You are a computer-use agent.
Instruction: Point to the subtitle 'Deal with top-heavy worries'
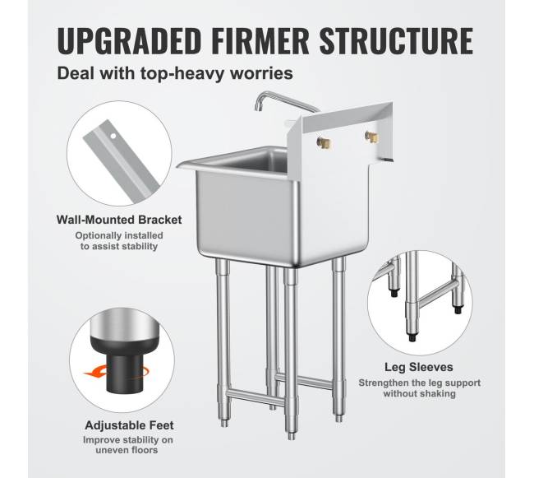click(x=175, y=73)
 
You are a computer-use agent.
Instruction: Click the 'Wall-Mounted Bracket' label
click(x=119, y=220)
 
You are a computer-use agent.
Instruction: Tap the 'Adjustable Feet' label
click(x=129, y=425)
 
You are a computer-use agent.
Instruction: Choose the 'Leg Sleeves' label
click(x=419, y=367)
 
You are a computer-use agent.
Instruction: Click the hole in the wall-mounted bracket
click(x=113, y=137)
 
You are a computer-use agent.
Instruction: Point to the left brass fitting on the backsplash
click(x=324, y=143)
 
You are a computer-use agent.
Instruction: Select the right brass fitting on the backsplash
click(x=372, y=137)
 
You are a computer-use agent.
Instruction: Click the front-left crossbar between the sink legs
click(x=255, y=398)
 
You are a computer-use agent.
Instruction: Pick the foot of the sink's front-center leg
click(x=291, y=436)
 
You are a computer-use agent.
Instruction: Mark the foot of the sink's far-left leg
click(x=224, y=423)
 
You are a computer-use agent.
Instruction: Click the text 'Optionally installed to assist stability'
click(x=119, y=241)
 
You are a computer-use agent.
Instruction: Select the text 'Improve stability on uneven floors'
click(x=127, y=445)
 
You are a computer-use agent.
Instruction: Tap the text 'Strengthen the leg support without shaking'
click(x=419, y=388)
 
